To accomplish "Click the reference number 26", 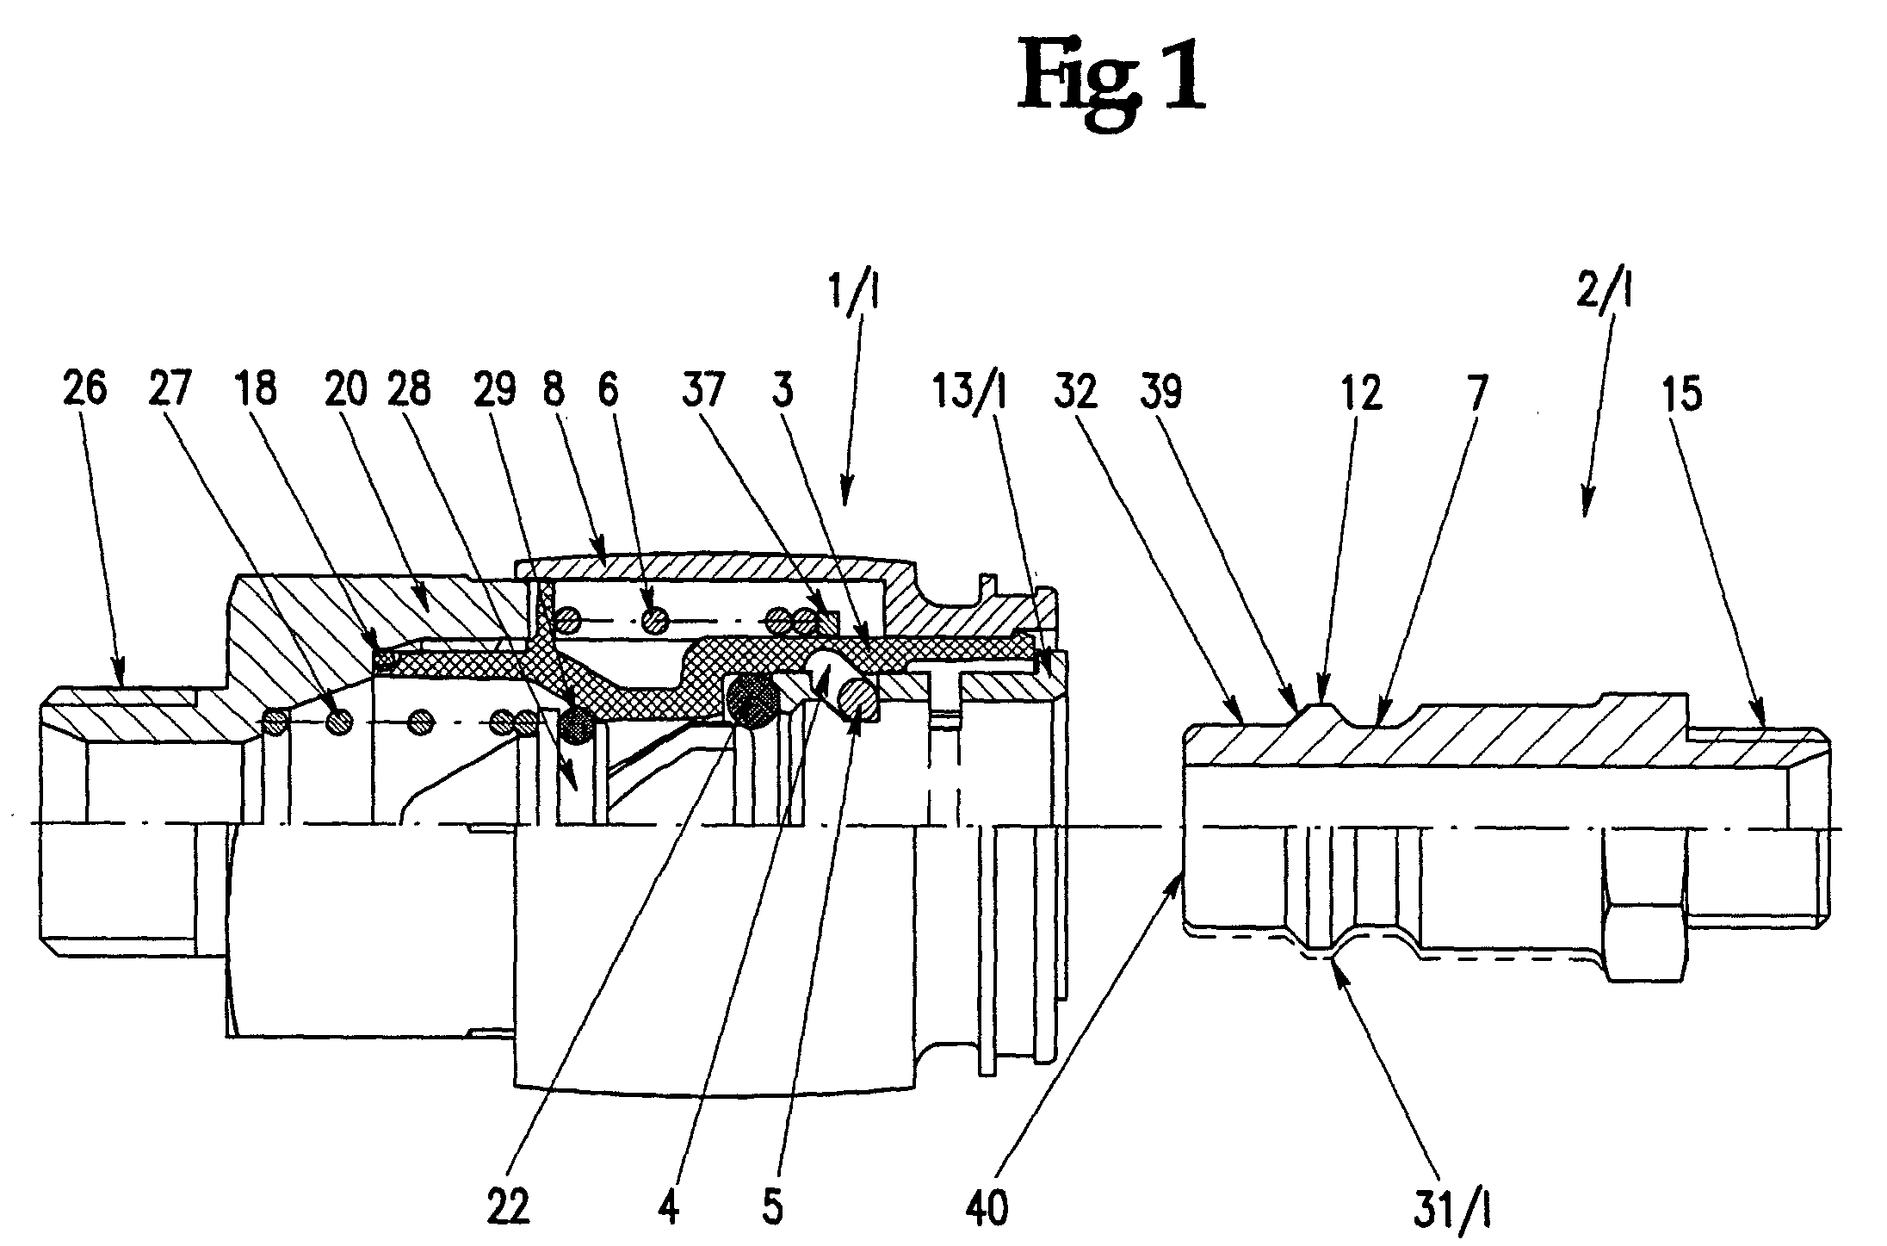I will pos(85,390).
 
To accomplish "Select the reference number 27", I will pos(172,390).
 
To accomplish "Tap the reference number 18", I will pos(256,390).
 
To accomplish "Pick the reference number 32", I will pos(1076,392).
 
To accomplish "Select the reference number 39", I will pos(1161,392).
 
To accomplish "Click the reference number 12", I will pos(1361,392).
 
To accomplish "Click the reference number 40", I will pos(987,1207).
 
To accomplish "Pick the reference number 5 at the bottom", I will pos(773,1207).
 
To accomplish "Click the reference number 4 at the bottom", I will pos(669,1207).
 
